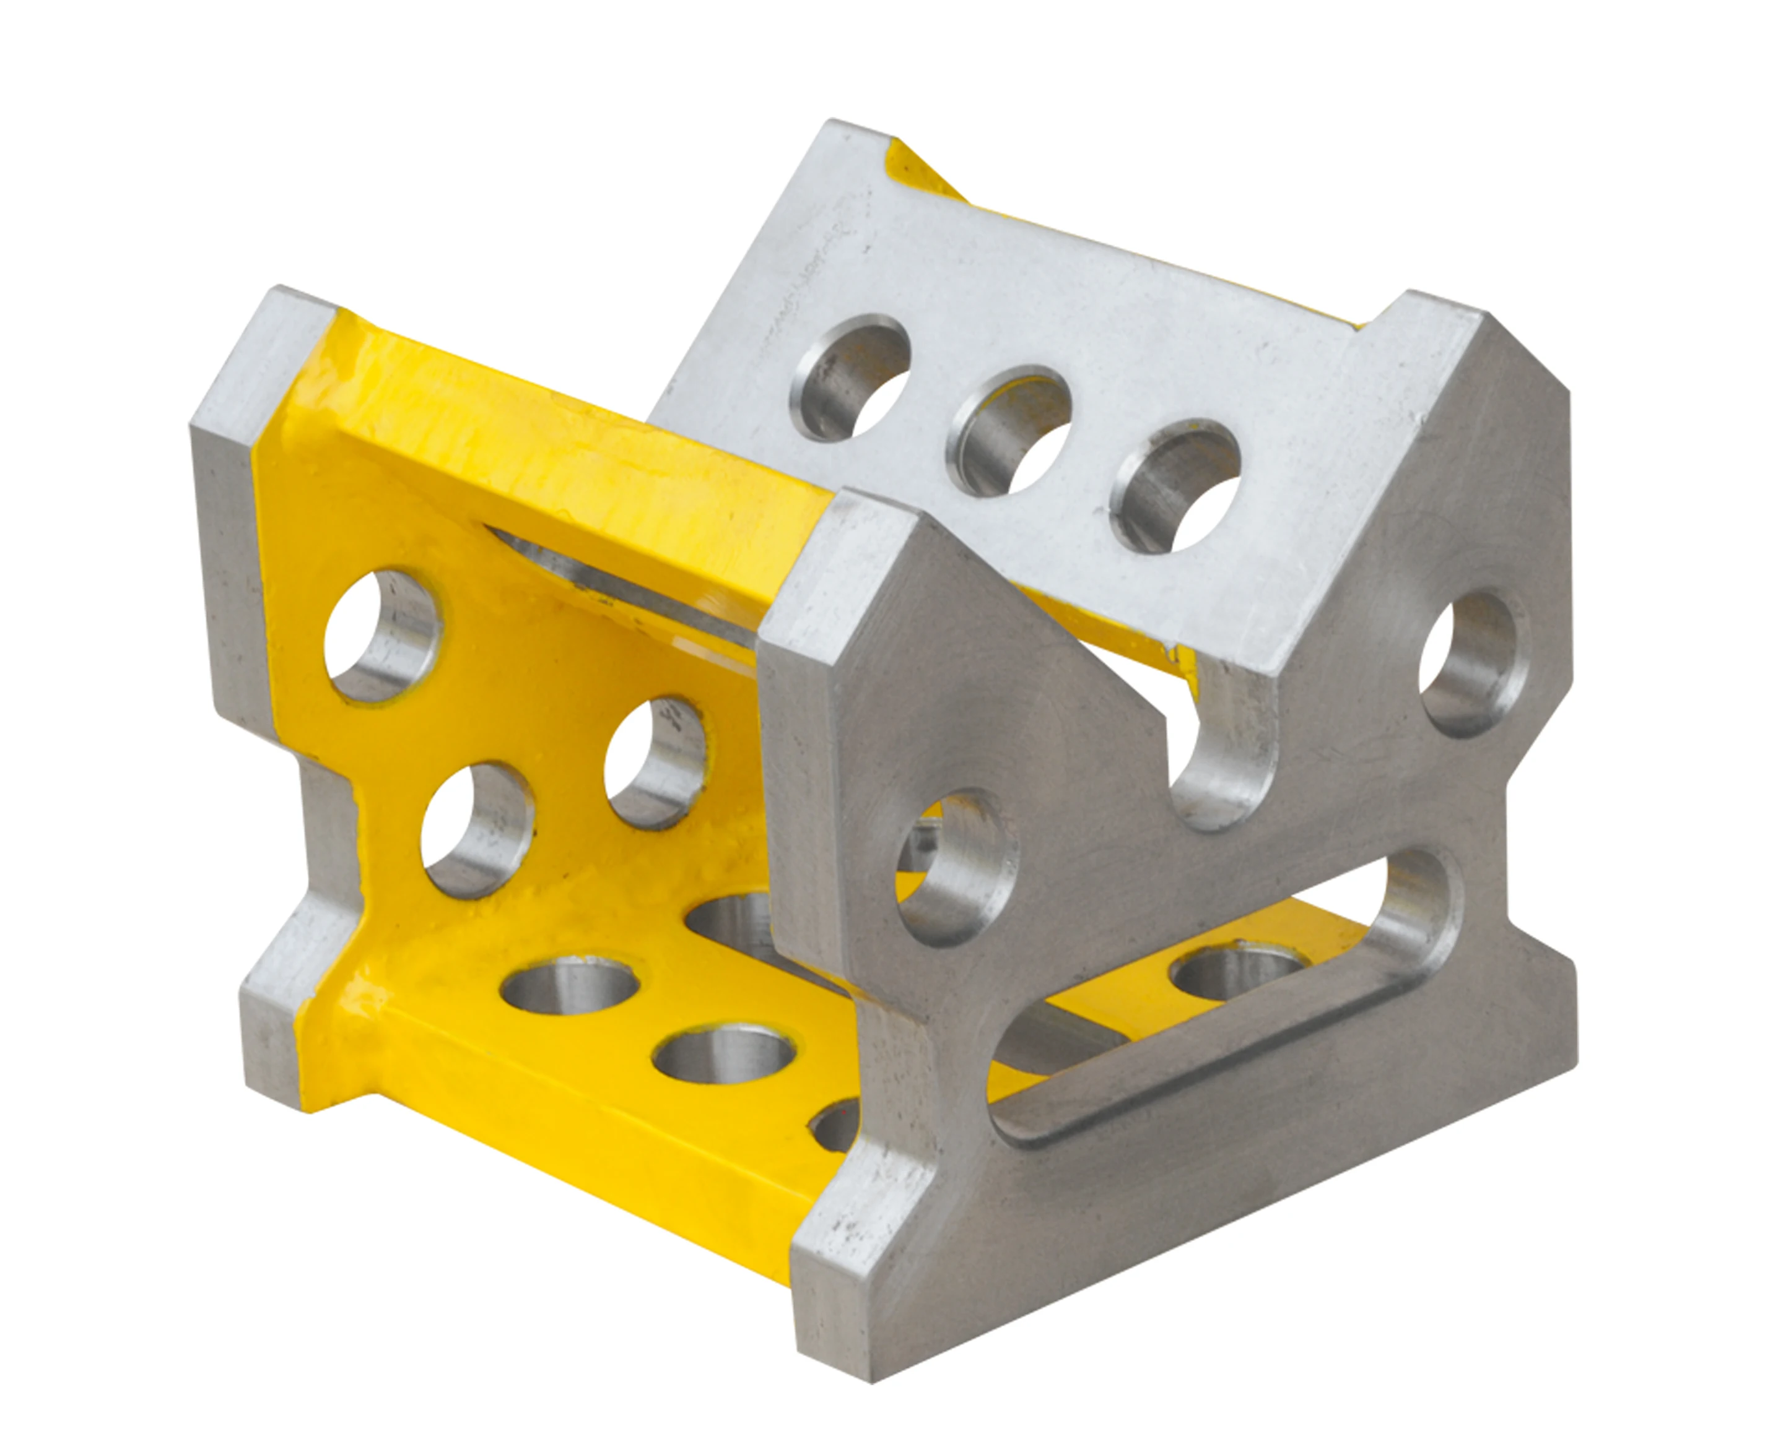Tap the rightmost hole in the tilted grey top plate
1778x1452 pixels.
point(1175,487)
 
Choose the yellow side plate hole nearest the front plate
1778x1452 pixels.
point(657,762)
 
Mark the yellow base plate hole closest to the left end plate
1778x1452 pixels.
point(569,985)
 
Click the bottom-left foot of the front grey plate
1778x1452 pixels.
point(845,1313)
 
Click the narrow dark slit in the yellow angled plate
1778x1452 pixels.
point(619,577)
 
